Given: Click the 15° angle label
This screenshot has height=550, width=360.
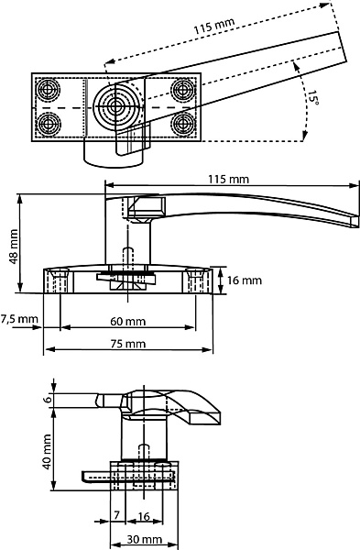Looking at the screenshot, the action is (x=313, y=98).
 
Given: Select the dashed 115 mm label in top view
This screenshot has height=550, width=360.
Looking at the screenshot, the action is (x=214, y=26).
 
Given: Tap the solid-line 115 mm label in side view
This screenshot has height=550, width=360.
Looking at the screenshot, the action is (x=229, y=180).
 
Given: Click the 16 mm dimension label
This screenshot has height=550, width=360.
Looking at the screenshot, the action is (x=245, y=280).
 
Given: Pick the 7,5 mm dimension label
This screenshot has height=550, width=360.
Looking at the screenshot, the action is (x=19, y=319).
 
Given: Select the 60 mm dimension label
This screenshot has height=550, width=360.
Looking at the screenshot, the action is (x=128, y=322).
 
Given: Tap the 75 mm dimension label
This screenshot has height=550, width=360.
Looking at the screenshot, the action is (x=128, y=344).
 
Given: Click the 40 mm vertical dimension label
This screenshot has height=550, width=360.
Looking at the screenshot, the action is (x=47, y=452).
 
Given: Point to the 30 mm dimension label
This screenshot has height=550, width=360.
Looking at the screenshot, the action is (x=145, y=539).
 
